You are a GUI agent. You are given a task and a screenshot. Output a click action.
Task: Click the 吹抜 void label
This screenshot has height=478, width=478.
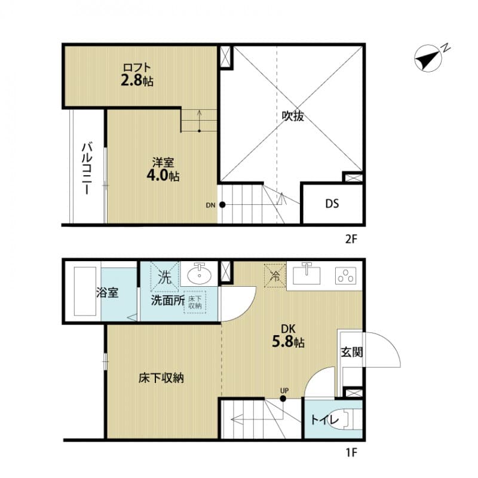(293, 117)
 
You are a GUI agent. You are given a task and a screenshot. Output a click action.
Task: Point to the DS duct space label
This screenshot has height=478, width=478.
(332, 204)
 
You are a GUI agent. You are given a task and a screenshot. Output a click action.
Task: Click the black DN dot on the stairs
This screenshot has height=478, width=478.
(222, 205)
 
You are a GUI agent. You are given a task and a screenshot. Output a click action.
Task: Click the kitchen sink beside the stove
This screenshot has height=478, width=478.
(308, 276)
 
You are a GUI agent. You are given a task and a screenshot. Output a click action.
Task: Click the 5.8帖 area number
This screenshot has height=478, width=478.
(289, 343)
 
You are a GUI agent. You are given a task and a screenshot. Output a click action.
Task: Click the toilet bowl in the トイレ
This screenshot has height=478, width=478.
(347, 419)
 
